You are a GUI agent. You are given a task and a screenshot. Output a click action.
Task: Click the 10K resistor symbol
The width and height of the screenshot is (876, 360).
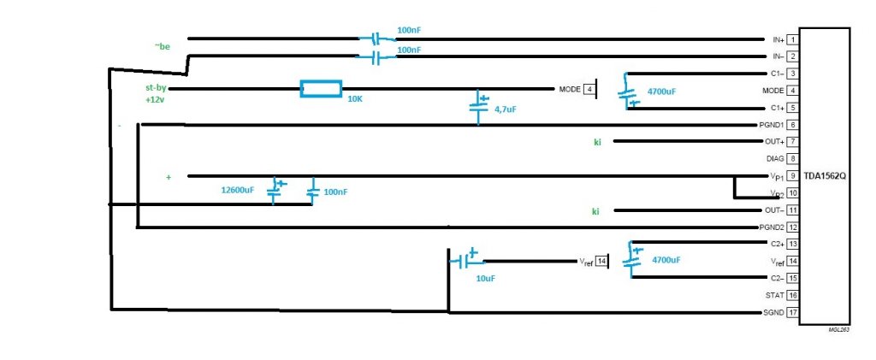tap(321, 89)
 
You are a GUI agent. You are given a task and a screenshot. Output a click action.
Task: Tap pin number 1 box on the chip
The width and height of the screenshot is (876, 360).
tap(793, 39)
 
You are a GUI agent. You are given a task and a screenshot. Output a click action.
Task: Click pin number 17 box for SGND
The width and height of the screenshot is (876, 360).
tap(793, 312)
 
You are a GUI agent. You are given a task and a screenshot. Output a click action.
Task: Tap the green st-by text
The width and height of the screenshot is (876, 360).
tap(155, 87)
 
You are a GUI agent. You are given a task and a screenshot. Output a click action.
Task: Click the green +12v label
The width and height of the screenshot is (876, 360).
tap(155, 100)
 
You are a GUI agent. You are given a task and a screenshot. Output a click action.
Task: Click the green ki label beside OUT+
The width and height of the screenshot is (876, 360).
tap(597, 141)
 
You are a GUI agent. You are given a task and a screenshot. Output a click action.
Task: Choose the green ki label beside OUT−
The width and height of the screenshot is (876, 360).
tap(597, 210)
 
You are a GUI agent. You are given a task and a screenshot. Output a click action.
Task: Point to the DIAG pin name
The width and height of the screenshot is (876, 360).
tap(773, 158)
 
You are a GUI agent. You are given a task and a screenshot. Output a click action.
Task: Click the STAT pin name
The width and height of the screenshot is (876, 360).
tap(773, 295)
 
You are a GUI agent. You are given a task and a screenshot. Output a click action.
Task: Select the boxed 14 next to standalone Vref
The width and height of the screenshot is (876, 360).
tap(601, 261)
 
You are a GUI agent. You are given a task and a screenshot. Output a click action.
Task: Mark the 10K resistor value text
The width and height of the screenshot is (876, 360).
tap(355, 100)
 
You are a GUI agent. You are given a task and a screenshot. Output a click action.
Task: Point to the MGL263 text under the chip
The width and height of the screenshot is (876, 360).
tap(838, 328)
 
